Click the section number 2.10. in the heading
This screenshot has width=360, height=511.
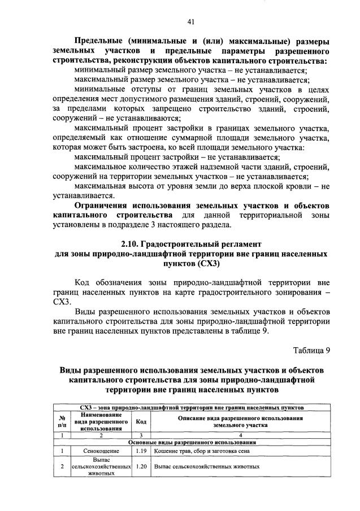(133, 244)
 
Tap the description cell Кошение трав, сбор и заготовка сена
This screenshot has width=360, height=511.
(204, 451)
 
